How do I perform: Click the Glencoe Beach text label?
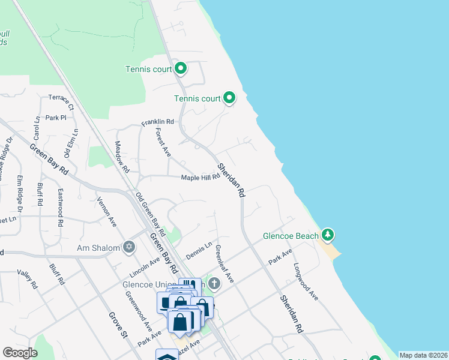click(291, 236)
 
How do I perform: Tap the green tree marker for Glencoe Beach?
click(327, 233)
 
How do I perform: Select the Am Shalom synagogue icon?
click(128, 247)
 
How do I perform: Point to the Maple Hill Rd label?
click(201, 178)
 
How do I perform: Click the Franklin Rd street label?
click(157, 122)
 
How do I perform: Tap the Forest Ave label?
click(163, 143)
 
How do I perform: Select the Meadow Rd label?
click(122, 158)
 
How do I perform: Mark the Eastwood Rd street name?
click(61, 208)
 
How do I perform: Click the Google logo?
click(20, 353)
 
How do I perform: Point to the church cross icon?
click(215, 283)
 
